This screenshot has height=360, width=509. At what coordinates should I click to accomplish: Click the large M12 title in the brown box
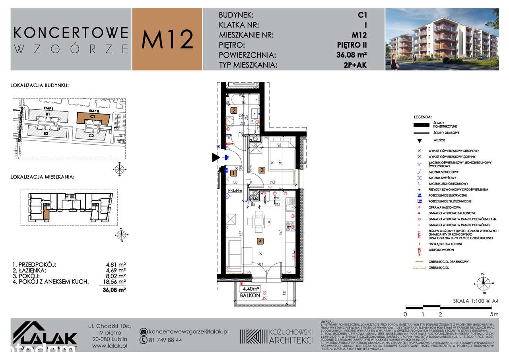(167, 39)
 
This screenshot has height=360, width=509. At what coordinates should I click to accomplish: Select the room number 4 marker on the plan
(260, 241)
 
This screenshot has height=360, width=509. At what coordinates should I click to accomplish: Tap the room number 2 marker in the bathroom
(234, 111)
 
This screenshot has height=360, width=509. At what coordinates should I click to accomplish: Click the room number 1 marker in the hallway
(233, 173)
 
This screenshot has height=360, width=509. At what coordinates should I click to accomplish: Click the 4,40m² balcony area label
(250, 289)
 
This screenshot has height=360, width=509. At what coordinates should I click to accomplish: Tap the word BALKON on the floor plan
(249, 296)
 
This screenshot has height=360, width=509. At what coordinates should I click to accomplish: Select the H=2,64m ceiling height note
(235, 191)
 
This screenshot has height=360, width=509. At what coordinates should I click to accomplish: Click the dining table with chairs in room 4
(258, 222)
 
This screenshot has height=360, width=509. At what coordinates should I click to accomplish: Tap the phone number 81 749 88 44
(165, 340)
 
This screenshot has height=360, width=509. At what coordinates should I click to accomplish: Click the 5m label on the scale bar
(494, 314)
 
